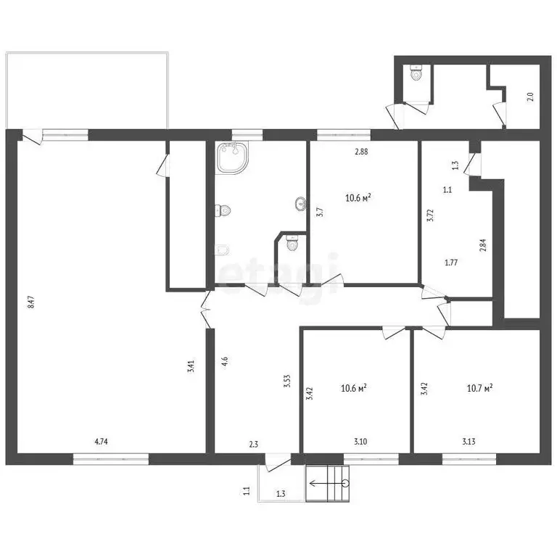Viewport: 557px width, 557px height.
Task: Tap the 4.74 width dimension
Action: pos(102,442)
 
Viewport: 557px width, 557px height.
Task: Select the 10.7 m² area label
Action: pos(479,387)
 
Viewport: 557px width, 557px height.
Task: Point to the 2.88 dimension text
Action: pos(361,152)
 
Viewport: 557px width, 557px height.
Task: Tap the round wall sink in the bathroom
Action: pos(301,204)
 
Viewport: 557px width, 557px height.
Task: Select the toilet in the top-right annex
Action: pos(416,73)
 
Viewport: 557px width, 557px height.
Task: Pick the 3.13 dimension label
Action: pos(469,442)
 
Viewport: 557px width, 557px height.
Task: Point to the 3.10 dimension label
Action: pos(360,442)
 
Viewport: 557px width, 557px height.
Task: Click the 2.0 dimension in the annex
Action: pos(530,96)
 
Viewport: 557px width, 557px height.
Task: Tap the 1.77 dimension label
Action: pos(451,263)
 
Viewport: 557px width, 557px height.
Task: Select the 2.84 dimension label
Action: pos(482,245)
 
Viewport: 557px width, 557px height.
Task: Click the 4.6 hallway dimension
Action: pos(225,362)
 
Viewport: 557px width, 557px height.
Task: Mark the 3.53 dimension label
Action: pos(287,381)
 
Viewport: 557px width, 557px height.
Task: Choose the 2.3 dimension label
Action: pos(254,444)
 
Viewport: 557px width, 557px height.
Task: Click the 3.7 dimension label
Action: pos(320,213)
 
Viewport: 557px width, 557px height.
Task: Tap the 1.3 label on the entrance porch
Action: pos(281,493)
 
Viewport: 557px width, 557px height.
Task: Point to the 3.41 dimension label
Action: pos(191,366)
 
